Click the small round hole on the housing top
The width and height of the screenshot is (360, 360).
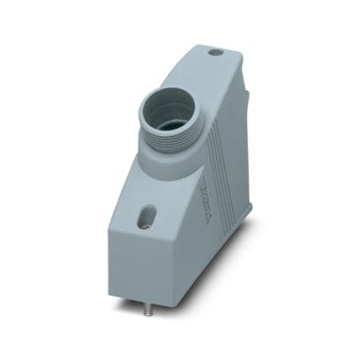pyautogui.click(x=214, y=53)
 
